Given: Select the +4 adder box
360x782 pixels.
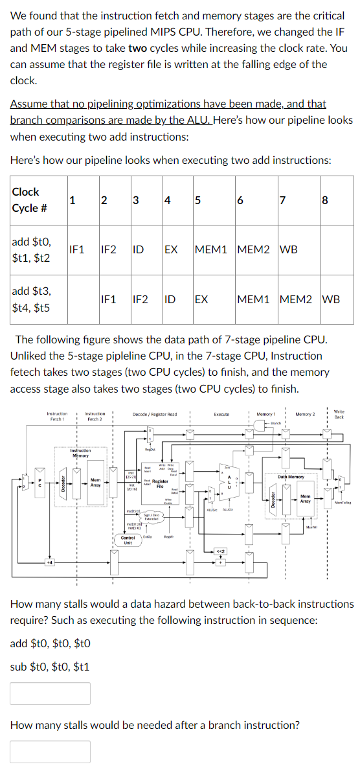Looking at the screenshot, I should click(47, 562).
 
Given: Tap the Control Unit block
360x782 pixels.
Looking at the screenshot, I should click(128, 540).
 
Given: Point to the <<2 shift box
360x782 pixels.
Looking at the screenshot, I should click(221, 551).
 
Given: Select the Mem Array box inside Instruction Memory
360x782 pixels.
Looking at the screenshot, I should click(95, 483).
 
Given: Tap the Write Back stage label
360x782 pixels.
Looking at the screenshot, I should click(339, 414).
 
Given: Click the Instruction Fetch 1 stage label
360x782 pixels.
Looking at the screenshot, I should click(57, 416).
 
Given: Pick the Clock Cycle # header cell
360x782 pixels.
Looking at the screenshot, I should click(26, 200).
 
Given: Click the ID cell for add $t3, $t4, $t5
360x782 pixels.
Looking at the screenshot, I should click(169, 299).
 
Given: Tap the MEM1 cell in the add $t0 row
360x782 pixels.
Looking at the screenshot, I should click(213, 249).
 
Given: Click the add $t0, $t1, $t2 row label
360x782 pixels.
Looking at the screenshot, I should click(32, 249).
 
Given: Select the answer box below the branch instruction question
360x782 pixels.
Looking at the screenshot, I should click(51, 752).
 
